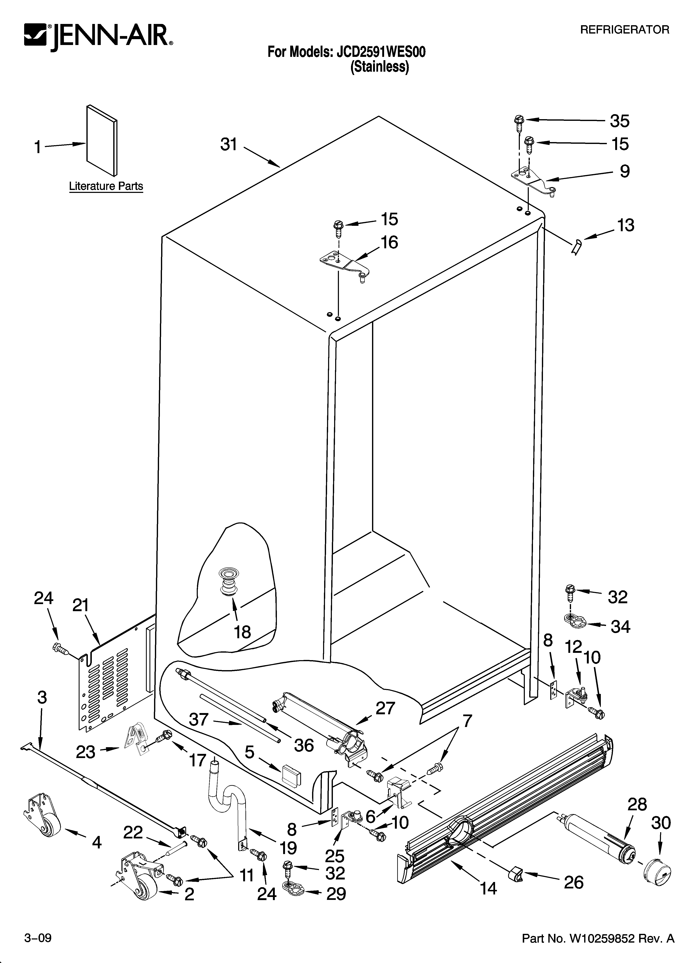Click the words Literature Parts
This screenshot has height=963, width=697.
pyautogui.click(x=106, y=186)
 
